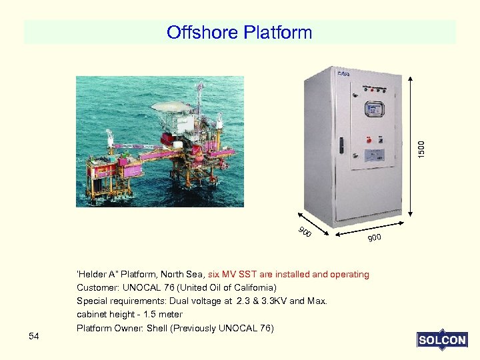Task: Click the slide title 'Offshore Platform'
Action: coord(239,32)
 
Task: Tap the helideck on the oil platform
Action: coord(172,106)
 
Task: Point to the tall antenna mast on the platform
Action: coord(199,97)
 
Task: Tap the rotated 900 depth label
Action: coord(305,233)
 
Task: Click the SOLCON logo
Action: coord(442,340)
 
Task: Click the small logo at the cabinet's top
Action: coord(344,73)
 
